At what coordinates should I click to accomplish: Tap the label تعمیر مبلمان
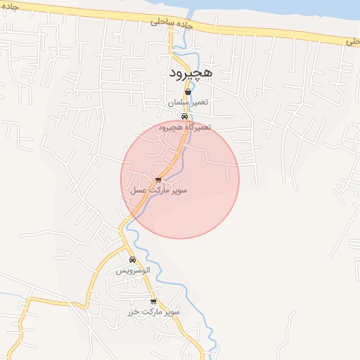point(188,103)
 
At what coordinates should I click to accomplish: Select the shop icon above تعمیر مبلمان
point(188,92)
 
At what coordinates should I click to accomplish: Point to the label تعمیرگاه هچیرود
point(184,127)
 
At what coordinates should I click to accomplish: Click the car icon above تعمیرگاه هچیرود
point(184,117)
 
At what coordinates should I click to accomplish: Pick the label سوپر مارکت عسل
point(158,190)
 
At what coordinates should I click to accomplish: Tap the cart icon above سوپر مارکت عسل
point(158,180)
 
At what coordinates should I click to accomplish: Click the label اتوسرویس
point(133,271)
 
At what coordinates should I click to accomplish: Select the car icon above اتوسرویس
point(132,260)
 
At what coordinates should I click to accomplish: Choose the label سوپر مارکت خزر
point(154,311)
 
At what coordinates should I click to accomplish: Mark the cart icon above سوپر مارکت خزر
point(153,301)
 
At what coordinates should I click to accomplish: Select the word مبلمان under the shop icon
point(179,103)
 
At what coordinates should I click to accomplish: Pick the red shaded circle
point(204,204)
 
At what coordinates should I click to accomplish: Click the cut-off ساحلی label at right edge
point(352,42)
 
